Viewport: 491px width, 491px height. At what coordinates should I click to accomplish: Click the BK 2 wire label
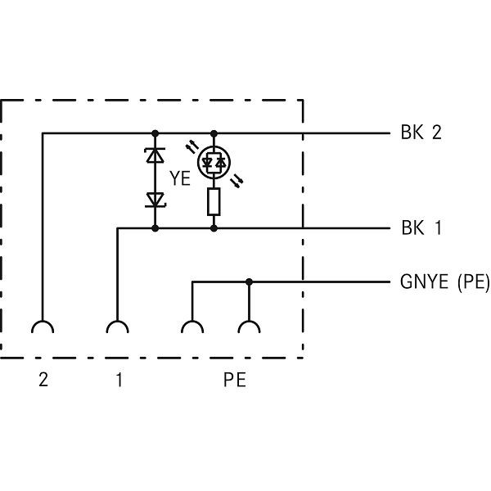421,133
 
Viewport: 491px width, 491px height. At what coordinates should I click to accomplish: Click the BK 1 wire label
421,228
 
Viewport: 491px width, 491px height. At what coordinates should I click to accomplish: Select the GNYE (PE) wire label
444,283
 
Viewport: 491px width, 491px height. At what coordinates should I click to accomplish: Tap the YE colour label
181,178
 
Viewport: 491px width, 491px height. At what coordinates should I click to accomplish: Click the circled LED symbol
214,163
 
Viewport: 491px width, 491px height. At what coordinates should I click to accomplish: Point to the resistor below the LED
214,201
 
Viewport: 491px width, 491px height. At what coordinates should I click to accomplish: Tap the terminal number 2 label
43,381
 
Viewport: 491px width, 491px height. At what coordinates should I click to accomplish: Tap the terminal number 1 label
119,381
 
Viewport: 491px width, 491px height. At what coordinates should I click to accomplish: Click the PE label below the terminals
234,381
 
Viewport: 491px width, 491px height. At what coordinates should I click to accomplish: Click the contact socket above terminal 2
43,329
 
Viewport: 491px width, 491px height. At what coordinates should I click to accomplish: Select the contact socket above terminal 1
119,329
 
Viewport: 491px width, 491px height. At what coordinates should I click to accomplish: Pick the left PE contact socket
192,329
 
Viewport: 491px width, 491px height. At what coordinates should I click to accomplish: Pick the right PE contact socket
249,329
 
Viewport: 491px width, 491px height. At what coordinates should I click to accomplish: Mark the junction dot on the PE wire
249,282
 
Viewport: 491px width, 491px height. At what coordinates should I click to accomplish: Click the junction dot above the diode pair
155,133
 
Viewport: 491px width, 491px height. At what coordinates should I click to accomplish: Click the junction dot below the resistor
214,228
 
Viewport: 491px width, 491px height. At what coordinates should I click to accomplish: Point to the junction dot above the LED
214,133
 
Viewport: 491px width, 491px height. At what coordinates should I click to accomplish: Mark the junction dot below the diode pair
155,228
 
